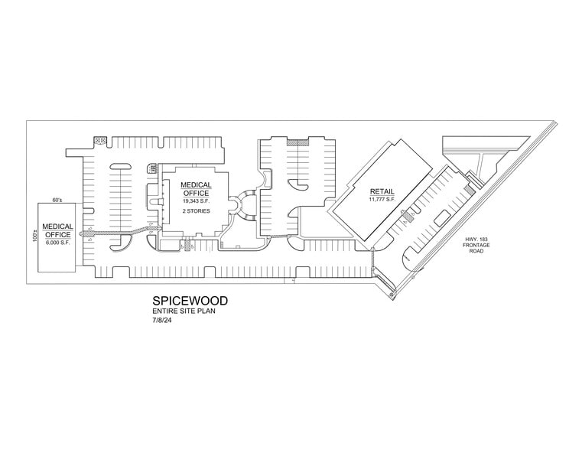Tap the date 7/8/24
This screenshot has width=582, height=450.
click(161, 321)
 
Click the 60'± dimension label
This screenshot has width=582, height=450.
click(57, 200)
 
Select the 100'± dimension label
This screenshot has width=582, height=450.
click(34, 233)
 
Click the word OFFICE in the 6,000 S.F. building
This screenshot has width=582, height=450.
click(57, 234)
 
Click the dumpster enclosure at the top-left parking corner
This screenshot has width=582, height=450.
click(99, 140)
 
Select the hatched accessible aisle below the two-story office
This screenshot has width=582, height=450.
click(188, 245)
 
